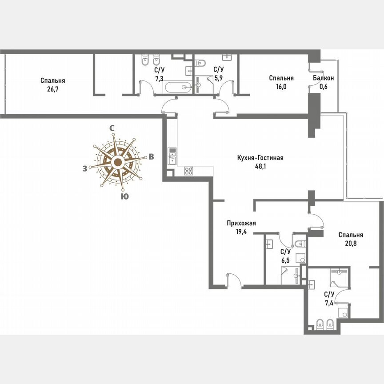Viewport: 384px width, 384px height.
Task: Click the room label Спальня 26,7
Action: [53, 80]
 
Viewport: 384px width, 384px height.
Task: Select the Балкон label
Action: [323, 78]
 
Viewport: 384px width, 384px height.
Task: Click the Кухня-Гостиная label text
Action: [260, 158]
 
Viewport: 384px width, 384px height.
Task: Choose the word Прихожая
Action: [240, 224]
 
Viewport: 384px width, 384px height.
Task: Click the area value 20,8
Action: [351, 243]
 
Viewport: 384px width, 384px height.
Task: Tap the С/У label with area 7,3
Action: [159, 70]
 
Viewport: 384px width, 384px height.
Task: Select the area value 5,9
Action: [219, 78]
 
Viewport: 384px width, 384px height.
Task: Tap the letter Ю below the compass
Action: [125, 196]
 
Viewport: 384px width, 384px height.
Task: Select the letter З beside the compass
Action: [84, 168]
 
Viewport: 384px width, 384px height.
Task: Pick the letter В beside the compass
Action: [151, 156]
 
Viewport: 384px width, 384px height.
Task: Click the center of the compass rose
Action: [117, 162]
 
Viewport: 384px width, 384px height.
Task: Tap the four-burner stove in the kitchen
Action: [188, 170]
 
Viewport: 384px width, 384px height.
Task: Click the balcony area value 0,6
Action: [323, 86]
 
